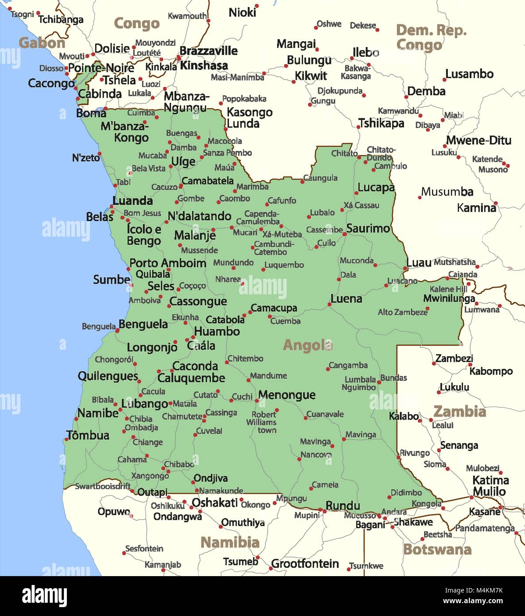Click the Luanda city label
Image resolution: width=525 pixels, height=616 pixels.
click(132, 201)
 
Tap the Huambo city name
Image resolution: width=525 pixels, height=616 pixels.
click(217, 331)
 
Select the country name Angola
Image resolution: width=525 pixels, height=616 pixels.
click(307, 345)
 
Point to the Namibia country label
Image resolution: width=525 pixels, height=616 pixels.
click(229, 542)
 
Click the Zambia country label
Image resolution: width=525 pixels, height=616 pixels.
click(459, 412)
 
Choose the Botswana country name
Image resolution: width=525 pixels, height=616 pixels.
click(437, 550)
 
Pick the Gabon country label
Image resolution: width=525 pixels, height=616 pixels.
click(42, 43)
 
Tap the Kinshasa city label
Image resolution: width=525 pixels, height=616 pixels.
click(204, 66)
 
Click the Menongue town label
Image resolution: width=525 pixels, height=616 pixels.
click(287, 395)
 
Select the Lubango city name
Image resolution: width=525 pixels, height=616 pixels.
click(144, 404)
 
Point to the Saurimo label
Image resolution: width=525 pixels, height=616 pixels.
click(368, 228)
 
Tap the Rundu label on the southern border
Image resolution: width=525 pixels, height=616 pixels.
click(342, 506)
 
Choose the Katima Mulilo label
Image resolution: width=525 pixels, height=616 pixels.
click(490, 486)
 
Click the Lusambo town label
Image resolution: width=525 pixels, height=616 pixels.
click(469, 74)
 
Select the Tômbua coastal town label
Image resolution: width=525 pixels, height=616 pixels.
click(88, 435)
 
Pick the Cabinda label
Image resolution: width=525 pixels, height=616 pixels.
click(100, 94)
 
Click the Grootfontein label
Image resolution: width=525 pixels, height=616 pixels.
click(305, 564)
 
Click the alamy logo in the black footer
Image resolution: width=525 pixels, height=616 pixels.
click(44, 595)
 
